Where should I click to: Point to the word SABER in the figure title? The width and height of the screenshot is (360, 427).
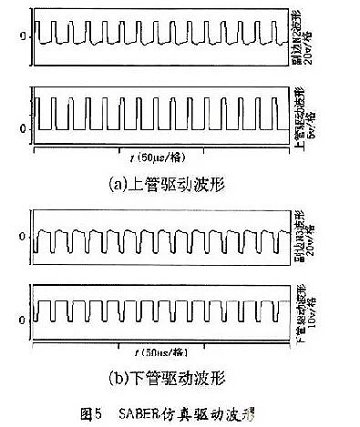point(137,412)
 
